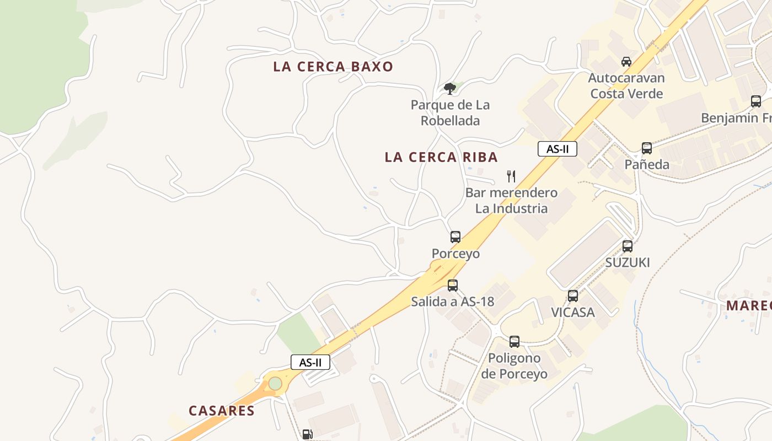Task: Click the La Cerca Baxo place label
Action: coord(333,67)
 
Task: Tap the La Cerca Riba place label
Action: coord(441,157)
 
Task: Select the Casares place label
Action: coord(222,411)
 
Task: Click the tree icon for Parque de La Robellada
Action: coord(450,88)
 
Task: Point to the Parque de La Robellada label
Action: coord(450,112)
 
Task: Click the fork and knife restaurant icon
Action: coord(511,176)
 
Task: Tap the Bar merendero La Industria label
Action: coord(511,201)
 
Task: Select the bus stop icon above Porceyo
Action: coord(455,237)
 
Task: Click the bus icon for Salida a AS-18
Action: coord(453,285)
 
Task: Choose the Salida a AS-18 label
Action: coord(453,302)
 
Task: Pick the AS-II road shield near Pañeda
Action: coord(557,149)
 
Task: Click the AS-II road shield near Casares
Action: coord(310,362)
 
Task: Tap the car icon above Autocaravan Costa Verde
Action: coord(626,61)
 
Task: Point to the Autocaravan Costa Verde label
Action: coord(626,85)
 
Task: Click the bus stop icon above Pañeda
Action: coord(646,148)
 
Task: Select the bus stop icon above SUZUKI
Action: coord(628,246)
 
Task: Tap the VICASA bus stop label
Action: coord(573,313)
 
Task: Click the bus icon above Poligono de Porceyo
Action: coord(514,342)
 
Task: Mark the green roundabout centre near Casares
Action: coord(275,383)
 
